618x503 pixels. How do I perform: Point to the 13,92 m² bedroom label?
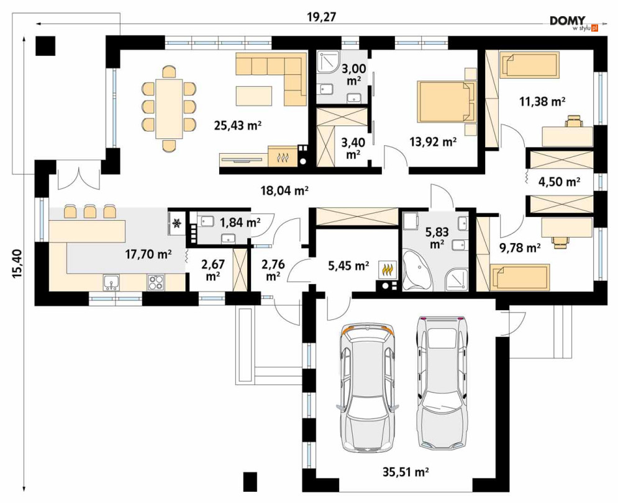pos(433,141)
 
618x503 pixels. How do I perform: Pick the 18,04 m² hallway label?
pos(284,190)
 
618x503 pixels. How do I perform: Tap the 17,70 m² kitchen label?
pos(148,254)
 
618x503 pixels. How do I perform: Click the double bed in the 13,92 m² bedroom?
pos(447,101)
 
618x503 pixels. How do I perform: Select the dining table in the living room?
pos(169,109)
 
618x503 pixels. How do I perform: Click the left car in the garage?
pos(366,388)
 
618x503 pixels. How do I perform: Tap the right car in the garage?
pos(442,382)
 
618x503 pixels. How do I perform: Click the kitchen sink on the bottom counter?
pos(111,282)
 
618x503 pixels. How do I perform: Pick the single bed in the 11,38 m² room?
pos(529,65)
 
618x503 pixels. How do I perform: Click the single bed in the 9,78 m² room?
pos(519,277)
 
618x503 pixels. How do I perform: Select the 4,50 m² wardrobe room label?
pos(559,182)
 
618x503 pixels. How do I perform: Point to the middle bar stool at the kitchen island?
pos(90,211)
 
